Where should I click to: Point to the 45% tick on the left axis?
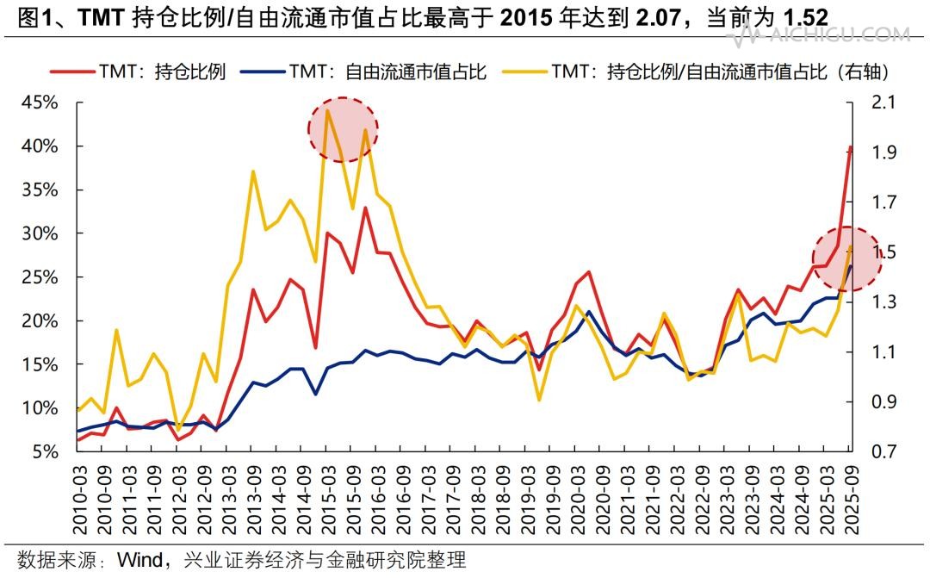[40, 103]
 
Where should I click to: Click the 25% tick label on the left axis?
[40, 277]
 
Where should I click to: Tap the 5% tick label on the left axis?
[46, 451]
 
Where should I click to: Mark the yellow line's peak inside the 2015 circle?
[328, 110]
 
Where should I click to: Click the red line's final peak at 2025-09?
[851, 146]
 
